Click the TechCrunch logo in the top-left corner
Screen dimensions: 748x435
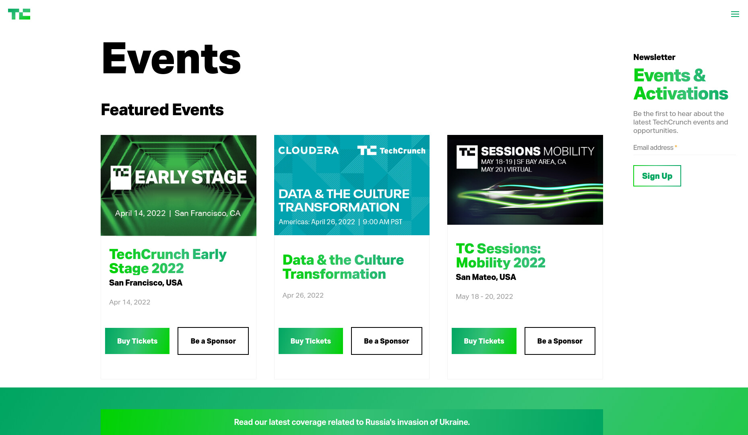pyautogui.click(x=19, y=14)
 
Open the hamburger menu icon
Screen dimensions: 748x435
pyautogui.click(x=735, y=14)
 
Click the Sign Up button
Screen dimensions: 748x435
pyautogui.click(x=657, y=176)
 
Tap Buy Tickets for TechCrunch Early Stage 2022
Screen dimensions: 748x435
pyautogui.click(x=137, y=341)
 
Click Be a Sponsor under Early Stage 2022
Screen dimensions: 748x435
pyautogui.click(x=213, y=341)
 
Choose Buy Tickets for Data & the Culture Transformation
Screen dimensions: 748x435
pyautogui.click(x=311, y=341)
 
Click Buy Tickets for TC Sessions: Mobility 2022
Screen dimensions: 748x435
pyautogui.click(x=484, y=341)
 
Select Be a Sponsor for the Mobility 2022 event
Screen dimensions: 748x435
pyautogui.click(x=560, y=341)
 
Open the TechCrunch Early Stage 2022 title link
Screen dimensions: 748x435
pyautogui.click(x=168, y=261)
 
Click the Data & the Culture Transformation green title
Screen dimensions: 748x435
pyautogui.click(x=343, y=267)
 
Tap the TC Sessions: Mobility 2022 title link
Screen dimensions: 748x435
pyautogui.click(x=500, y=256)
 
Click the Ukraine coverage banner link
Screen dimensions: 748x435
pyautogui.click(x=352, y=422)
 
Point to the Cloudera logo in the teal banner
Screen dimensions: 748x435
pyautogui.click(x=308, y=151)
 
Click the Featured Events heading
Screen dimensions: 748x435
pyautogui.click(x=162, y=110)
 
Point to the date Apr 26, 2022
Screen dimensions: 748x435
pyautogui.click(x=303, y=295)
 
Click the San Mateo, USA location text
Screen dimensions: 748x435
pyautogui.click(x=486, y=277)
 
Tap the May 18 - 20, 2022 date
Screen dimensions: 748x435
pyautogui.click(x=484, y=296)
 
